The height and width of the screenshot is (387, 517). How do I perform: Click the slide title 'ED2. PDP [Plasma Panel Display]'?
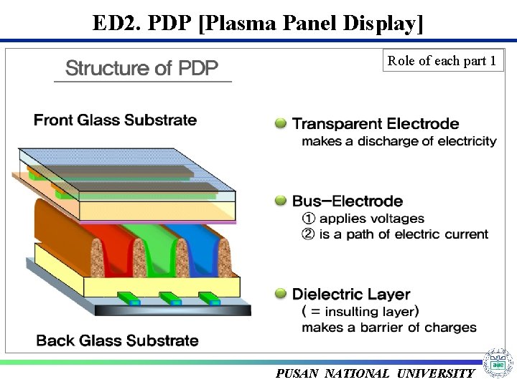(258, 23)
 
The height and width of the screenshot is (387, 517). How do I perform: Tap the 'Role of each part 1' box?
(442, 61)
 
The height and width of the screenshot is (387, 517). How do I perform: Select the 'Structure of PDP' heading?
(141, 69)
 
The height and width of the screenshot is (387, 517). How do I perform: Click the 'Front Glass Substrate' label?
(115, 120)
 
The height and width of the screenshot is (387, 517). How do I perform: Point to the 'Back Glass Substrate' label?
(117, 340)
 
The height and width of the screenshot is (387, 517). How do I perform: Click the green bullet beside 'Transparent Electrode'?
(281, 124)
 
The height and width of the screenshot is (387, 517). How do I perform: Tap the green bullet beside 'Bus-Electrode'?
(281, 201)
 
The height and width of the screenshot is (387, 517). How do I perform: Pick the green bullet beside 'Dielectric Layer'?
(281, 294)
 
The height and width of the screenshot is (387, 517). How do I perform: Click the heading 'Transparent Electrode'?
(376, 124)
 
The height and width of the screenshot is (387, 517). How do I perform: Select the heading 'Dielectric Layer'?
(351, 294)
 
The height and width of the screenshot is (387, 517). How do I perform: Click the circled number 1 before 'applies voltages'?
(309, 219)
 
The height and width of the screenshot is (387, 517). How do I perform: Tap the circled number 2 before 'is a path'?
(309, 234)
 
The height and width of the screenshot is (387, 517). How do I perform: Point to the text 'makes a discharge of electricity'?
(399, 141)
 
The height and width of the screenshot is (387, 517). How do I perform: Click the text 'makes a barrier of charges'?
(388, 328)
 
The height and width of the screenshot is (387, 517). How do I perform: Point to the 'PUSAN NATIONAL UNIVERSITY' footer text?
(375, 373)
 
